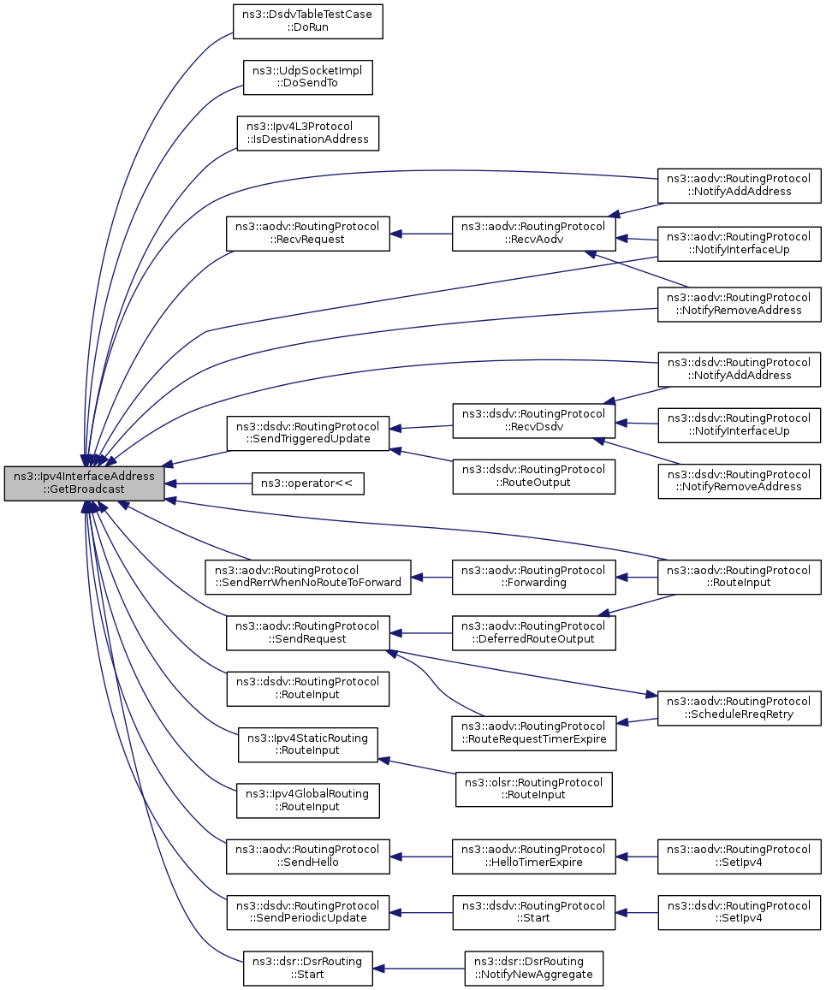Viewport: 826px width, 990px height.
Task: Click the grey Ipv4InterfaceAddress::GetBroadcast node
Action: tap(85, 483)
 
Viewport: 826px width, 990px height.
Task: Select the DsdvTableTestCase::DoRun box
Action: tap(307, 21)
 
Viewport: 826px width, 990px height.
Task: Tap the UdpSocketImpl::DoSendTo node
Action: tap(307, 78)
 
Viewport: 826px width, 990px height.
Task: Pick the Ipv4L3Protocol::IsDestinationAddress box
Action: tap(307, 133)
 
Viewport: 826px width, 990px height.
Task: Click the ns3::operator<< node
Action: tap(307, 483)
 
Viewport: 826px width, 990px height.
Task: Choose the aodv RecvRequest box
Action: tap(307, 234)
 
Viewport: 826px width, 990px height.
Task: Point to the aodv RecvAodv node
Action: tap(533, 234)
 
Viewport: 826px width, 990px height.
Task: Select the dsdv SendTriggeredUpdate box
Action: tap(307, 433)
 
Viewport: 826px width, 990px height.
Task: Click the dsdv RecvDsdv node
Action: tap(533, 421)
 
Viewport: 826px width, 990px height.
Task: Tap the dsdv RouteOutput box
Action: tap(533, 477)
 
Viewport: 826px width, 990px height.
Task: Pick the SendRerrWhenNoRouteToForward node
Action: tap(307, 577)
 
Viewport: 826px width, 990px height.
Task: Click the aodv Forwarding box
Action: tap(533, 577)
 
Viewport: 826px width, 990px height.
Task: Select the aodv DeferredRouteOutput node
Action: tap(533, 633)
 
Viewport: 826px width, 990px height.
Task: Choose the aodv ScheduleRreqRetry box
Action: tap(739, 708)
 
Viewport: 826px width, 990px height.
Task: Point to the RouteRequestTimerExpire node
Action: tap(533, 733)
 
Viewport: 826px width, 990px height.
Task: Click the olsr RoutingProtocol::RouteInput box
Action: tap(533, 789)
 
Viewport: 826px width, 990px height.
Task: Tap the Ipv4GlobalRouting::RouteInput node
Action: tap(307, 801)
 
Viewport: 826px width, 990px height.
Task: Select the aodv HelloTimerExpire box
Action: tap(533, 857)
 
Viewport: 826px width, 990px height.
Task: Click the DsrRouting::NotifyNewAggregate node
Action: tap(533, 969)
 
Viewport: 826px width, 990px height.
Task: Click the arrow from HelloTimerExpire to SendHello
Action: tap(421, 857)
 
